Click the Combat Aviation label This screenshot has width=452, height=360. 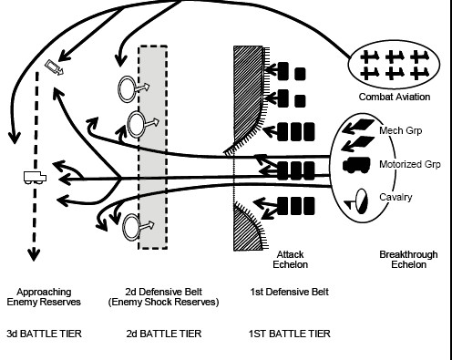point(395,97)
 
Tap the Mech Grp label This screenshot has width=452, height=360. point(400,130)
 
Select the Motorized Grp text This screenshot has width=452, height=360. point(410,164)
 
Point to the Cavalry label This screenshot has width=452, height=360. point(395,197)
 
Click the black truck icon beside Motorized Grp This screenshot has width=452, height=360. point(356,165)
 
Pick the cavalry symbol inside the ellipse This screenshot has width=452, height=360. point(357,201)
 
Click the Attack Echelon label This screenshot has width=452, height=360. point(290,259)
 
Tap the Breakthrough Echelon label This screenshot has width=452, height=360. point(408,259)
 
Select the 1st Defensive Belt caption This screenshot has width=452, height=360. point(289,292)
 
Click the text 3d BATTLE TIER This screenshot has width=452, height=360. point(44,334)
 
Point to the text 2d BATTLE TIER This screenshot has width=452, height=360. point(164,334)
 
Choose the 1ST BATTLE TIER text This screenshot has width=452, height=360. point(289,334)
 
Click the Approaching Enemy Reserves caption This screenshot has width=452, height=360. point(44,297)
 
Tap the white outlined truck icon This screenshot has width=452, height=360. point(35,178)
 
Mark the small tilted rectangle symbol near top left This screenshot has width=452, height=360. point(55,67)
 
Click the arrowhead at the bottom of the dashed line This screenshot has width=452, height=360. point(34,254)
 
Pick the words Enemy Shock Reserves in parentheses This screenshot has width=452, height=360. point(163,302)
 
